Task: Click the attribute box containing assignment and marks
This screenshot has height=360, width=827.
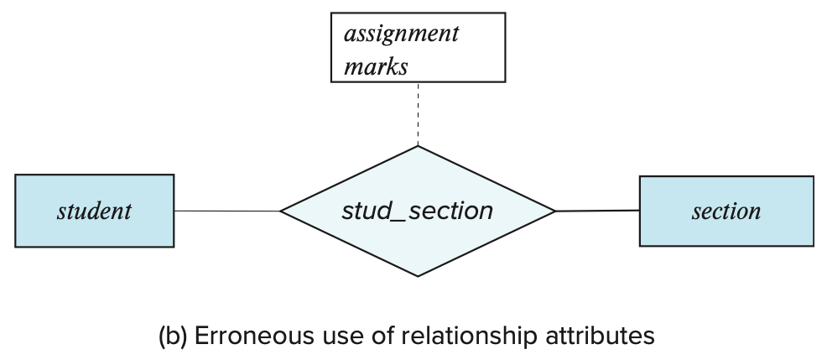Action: pos(417,48)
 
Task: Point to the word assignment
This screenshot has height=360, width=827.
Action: pos(402,34)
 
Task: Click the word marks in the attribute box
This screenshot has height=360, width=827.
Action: pos(376,66)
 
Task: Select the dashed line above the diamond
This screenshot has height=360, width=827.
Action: pos(417,114)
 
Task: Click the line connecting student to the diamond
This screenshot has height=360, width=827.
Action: pos(226,211)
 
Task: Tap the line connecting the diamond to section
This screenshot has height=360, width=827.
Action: pos(597,211)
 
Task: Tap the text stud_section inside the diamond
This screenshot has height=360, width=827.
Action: pos(417,211)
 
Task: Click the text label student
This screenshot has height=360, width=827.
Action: pos(94,211)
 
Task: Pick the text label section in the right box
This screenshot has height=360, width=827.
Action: pos(726,211)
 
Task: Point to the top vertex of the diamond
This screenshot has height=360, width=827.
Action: pos(417,148)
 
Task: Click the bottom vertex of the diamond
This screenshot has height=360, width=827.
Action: pos(417,275)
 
